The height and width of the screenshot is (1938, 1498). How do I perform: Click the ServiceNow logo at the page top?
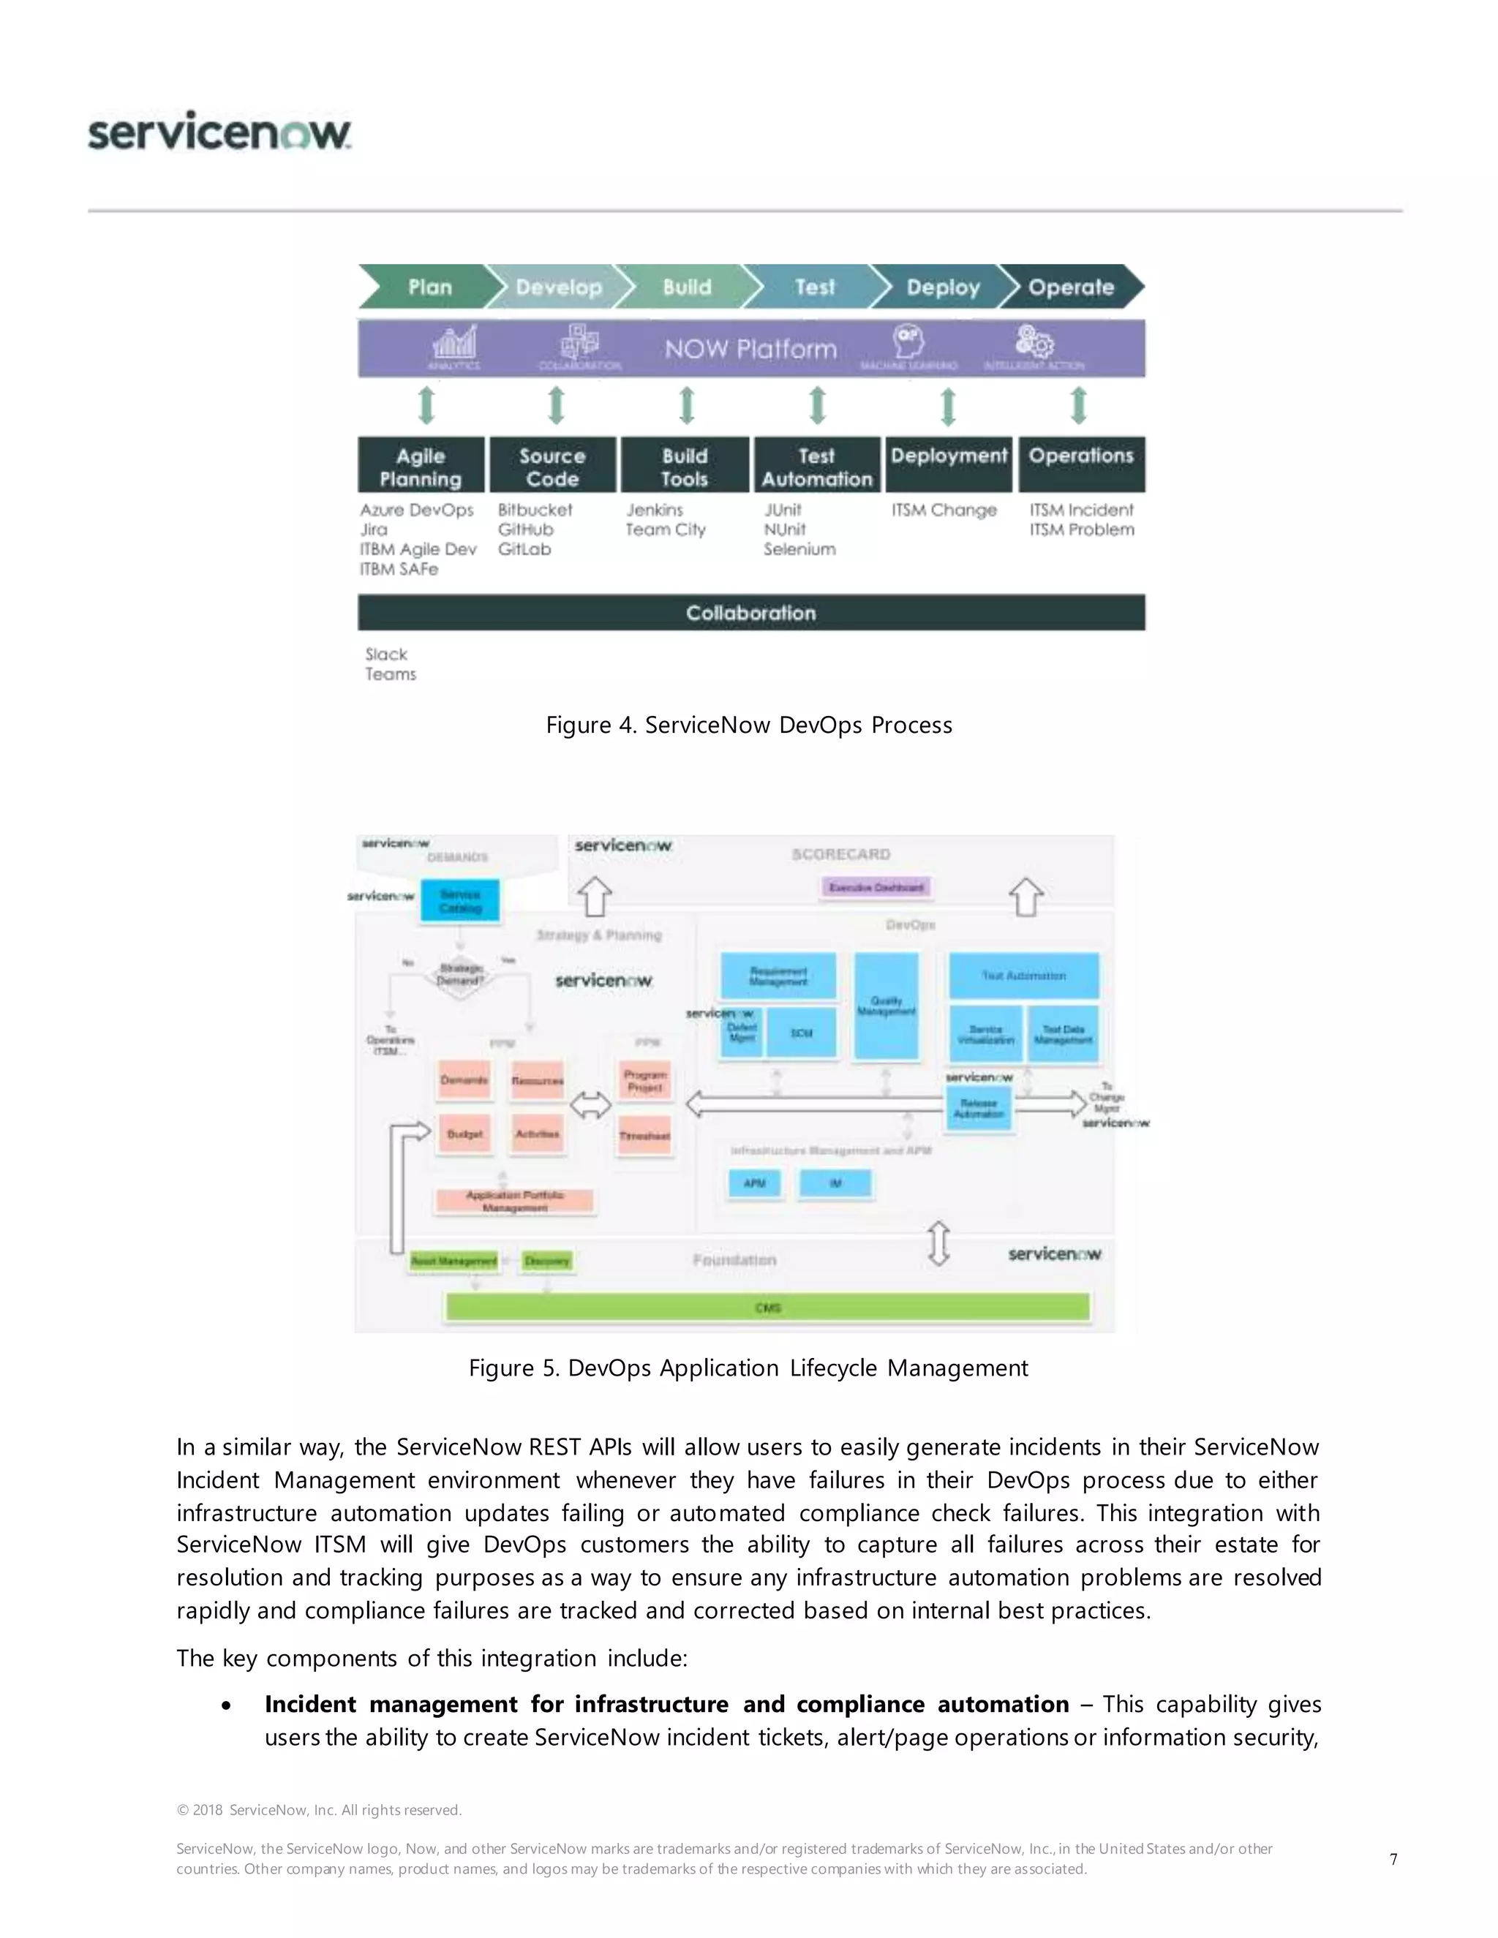pos(219,132)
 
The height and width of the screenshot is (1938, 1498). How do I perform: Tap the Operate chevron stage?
pos(1070,287)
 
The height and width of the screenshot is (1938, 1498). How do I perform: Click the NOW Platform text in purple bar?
pos(750,349)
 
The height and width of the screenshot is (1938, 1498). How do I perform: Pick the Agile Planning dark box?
pos(421,466)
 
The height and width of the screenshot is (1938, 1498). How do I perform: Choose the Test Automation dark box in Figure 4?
pos(816,466)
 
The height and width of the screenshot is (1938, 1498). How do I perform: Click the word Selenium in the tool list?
pos(799,549)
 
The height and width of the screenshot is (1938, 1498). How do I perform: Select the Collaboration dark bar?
pos(750,612)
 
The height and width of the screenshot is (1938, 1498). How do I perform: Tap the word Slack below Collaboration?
pos(386,654)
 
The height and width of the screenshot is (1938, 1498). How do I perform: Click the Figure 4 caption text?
pos(749,725)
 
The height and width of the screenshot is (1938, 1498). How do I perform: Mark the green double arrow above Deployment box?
pos(948,406)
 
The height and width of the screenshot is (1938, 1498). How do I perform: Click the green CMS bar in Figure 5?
pos(767,1307)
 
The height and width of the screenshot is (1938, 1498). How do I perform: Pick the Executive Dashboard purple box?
pos(876,886)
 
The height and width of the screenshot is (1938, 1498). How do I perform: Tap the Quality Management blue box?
pos(886,1006)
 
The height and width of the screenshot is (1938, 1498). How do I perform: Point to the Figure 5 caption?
pos(748,1368)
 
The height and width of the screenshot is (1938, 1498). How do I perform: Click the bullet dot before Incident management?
pos(227,1705)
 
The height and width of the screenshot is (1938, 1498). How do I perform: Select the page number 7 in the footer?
pos(1393,1859)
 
